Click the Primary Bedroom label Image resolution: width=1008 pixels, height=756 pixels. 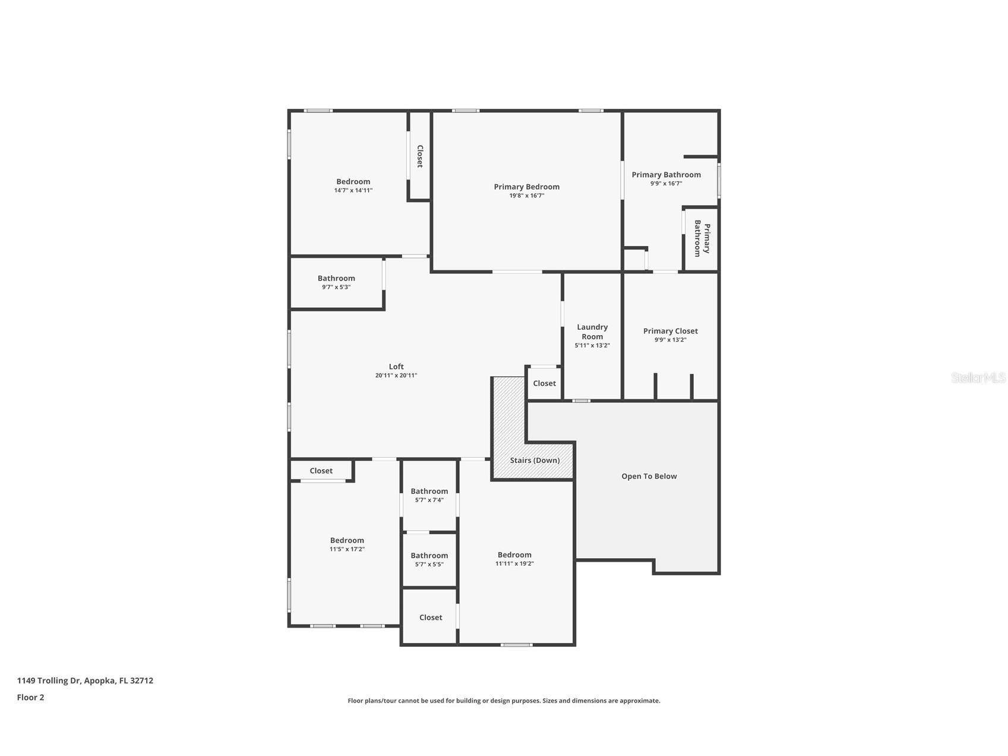pyautogui.click(x=526, y=187)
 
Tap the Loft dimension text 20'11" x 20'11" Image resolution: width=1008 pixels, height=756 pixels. pyautogui.click(x=396, y=376)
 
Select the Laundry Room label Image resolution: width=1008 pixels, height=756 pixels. pyautogui.click(x=592, y=332)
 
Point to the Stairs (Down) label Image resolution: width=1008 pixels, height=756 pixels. pyautogui.click(x=535, y=460)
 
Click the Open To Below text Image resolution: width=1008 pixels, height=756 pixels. pyautogui.click(x=649, y=476)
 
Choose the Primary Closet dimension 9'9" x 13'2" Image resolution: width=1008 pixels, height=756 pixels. pyautogui.click(x=671, y=340)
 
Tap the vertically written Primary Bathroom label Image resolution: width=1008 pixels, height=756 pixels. pyautogui.click(x=702, y=238)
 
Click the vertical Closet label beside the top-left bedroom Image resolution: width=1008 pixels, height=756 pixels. pyautogui.click(x=419, y=156)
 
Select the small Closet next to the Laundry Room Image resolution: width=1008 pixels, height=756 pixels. pyautogui.click(x=544, y=383)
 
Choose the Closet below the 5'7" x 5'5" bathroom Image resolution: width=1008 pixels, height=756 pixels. pyautogui.click(x=431, y=618)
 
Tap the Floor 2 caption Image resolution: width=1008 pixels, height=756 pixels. pyautogui.click(x=30, y=697)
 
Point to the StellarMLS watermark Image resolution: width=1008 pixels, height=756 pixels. pyautogui.click(x=978, y=377)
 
